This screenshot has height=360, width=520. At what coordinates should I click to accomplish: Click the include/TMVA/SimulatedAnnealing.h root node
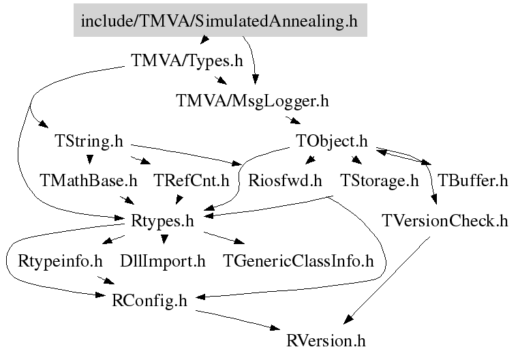pos(220,20)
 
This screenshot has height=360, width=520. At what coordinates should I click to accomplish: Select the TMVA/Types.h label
pos(187,61)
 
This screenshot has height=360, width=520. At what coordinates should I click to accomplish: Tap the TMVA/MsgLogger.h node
pos(252,101)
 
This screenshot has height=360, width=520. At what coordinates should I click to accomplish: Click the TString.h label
pos(89,141)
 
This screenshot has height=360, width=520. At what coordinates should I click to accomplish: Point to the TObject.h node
pos(332,141)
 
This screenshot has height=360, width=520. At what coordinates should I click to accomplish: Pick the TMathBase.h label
pos(88,181)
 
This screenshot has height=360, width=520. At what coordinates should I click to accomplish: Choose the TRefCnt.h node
pos(192,181)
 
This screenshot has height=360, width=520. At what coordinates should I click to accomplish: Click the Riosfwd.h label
pos(285,181)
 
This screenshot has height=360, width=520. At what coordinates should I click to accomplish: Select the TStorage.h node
pos(380,181)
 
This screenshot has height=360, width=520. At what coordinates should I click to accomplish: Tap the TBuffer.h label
pos(472,181)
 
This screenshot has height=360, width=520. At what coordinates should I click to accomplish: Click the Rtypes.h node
pos(162,222)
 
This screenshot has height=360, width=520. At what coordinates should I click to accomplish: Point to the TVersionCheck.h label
pos(445,221)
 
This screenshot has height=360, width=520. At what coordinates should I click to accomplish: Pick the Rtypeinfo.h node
pos(60,261)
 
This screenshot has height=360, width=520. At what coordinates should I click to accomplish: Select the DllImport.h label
pos(162,261)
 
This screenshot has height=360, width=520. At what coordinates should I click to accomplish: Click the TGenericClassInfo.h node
pos(298,261)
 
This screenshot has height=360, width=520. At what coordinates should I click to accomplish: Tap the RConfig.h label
pos(149,301)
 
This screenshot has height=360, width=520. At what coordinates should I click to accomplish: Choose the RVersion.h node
pos(326,341)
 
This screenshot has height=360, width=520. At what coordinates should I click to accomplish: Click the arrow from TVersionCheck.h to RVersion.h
pos(386,280)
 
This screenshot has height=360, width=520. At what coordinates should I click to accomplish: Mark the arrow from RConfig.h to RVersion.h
pos(238,320)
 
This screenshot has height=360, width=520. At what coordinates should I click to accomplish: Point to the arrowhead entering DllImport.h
pos(164,239)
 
